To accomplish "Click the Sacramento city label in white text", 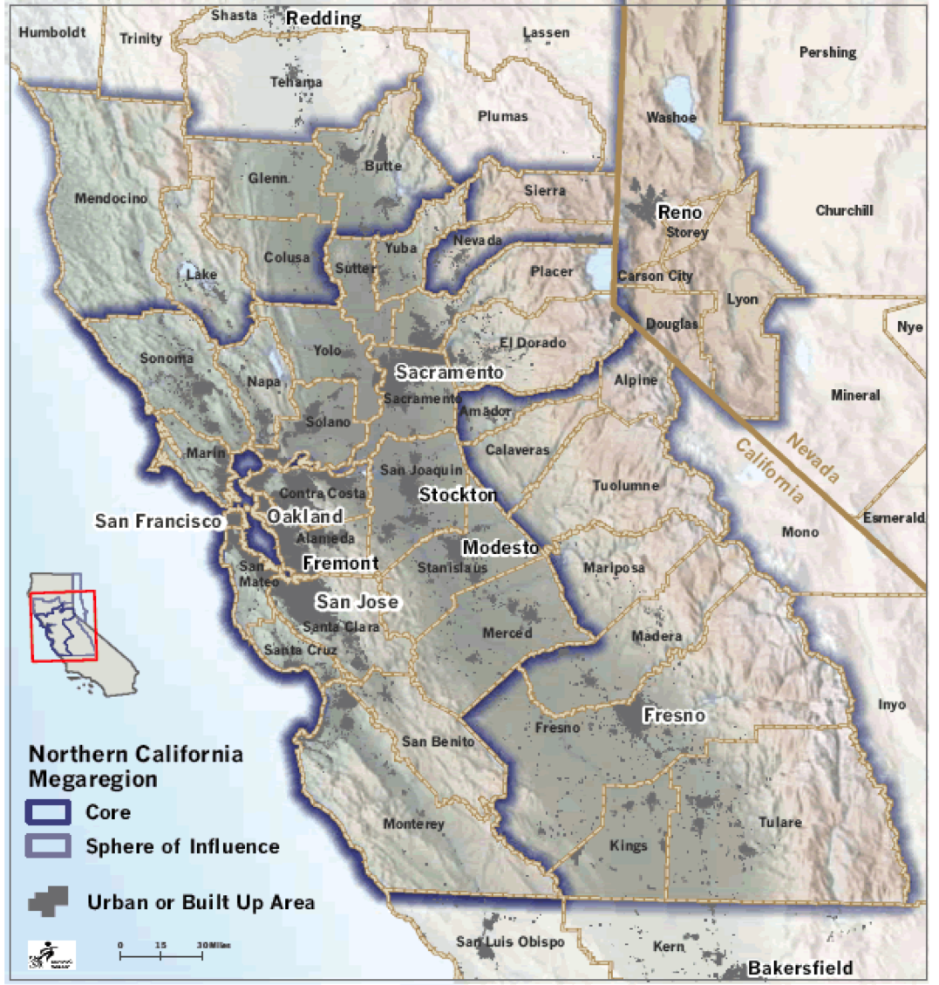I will pos(449,373).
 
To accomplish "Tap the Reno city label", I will pos(679,212).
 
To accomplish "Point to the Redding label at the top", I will pos(323,18).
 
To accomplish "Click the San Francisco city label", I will pos(158,521).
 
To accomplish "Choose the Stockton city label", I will pos(458,495).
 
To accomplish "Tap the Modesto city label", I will pos(500,547).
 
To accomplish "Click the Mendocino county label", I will pos(111,198).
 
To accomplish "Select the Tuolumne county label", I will pos(625,485).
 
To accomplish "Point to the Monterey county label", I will pos(413,824).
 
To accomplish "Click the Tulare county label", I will pos(779,822).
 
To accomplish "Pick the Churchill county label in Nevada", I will pos(844,210).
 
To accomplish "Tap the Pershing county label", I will pos(827,52).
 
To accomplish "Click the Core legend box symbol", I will pos(49,812).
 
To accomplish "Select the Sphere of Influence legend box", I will pos(49,846).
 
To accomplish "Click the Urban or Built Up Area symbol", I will pos(49,901).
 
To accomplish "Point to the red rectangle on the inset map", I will pos(64,626).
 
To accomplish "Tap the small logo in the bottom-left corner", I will pos(51,955).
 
